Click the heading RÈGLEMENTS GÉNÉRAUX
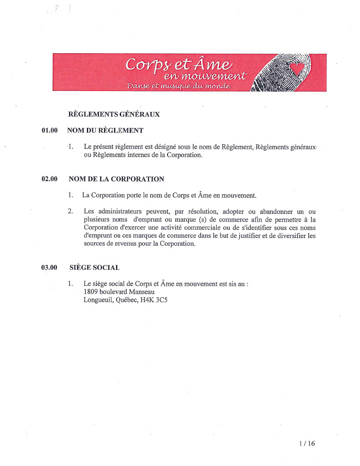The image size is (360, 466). (x=114, y=114)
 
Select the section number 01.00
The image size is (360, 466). (x=50, y=131)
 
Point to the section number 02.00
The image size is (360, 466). (x=50, y=179)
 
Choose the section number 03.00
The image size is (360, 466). (x=50, y=267)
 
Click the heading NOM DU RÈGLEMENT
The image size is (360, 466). (x=105, y=131)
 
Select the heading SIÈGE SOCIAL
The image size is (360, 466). (x=95, y=267)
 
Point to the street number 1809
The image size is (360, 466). (x=91, y=292)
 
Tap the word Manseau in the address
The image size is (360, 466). (x=142, y=292)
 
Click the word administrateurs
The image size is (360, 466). (x=121, y=212)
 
